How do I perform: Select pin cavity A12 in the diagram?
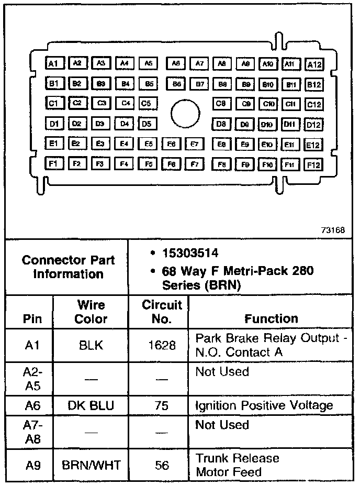pyautogui.click(x=314, y=65)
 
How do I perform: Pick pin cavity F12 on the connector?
pyautogui.click(x=313, y=165)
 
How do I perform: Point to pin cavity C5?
pyautogui.click(x=148, y=104)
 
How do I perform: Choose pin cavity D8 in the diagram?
pyautogui.click(x=221, y=124)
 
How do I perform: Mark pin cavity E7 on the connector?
pyautogui.click(x=194, y=144)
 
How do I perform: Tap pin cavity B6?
pyautogui.click(x=177, y=84)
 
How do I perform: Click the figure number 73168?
pyautogui.click(x=333, y=230)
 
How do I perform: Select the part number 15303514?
pyautogui.click(x=190, y=253)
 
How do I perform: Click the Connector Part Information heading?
pyautogui.click(x=69, y=267)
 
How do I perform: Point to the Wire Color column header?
pyautogui.click(x=92, y=312)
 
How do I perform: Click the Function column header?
pyautogui.click(x=271, y=318)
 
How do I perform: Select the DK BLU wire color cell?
pyautogui.click(x=91, y=405)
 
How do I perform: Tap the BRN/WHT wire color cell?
pyautogui.click(x=91, y=465)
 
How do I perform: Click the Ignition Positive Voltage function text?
pyautogui.click(x=264, y=405)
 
